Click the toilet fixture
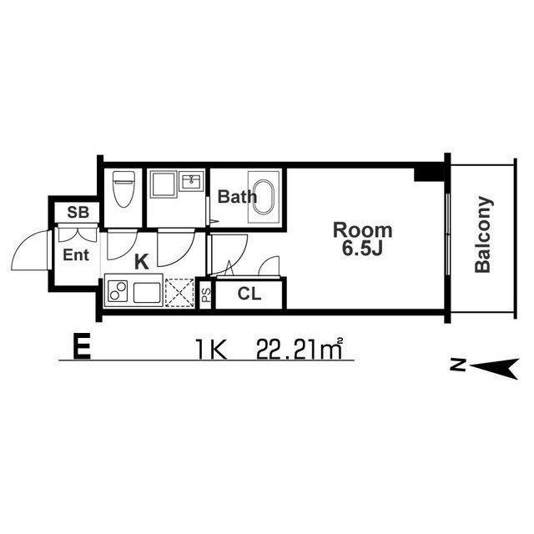click(x=123, y=189)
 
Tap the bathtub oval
click(x=264, y=197)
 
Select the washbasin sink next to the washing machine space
click(x=192, y=181)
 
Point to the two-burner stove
click(x=118, y=291)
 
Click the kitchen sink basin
click(x=147, y=293)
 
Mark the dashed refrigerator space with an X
click(x=179, y=293)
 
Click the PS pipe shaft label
click(x=206, y=295)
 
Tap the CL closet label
click(x=249, y=294)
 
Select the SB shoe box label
click(x=78, y=212)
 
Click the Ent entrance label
click(x=76, y=254)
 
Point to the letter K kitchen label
click(x=142, y=262)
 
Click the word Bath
click(x=237, y=197)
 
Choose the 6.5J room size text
click(x=363, y=249)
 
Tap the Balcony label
click(x=484, y=234)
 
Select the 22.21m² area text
click(x=300, y=349)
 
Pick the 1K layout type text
click(x=211, y=350)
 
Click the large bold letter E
click(x=82, y=346)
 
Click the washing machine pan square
click(x=164, y=184)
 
